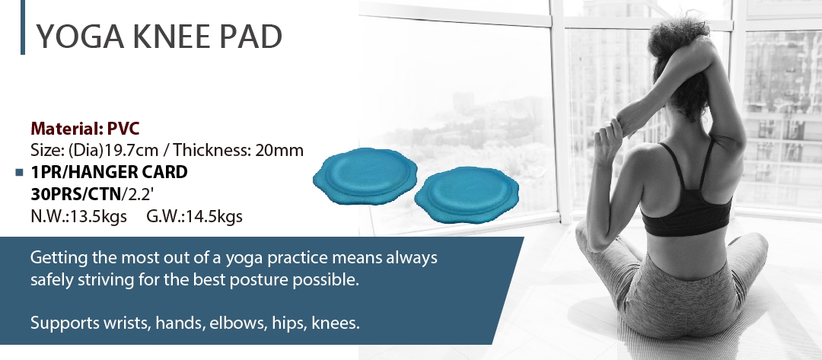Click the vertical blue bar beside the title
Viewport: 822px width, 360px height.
(23, 27)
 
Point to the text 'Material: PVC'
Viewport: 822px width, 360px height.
(85, 129)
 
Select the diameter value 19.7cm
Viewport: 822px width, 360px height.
(131, 151)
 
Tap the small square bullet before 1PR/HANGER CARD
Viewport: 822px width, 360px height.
(19, 172)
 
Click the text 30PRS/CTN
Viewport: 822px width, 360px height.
(76, 194)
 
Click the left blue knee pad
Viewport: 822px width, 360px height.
(365, 176)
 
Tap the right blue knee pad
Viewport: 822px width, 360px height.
(467, 194)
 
